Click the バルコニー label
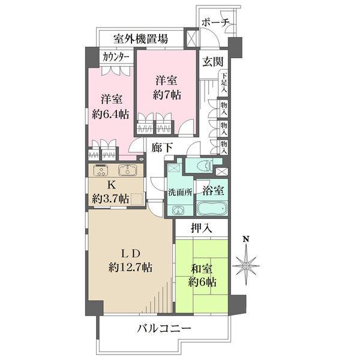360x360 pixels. (x=164, y=329)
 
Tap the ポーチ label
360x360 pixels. (x=216, y=23)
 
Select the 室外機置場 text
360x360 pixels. (x=141, y=40)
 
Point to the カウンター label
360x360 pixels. (x=115, y=57)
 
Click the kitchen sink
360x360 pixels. (x=127, y=170)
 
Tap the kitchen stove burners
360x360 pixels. (x=100, y=170)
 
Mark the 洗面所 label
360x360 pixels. (x=179, y=193)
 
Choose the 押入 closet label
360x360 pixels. (x=201, y=228)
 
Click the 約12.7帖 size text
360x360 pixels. (x=130, y=266)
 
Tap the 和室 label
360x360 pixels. (x=202, y=269)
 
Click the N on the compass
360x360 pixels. (x=245, y=239)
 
